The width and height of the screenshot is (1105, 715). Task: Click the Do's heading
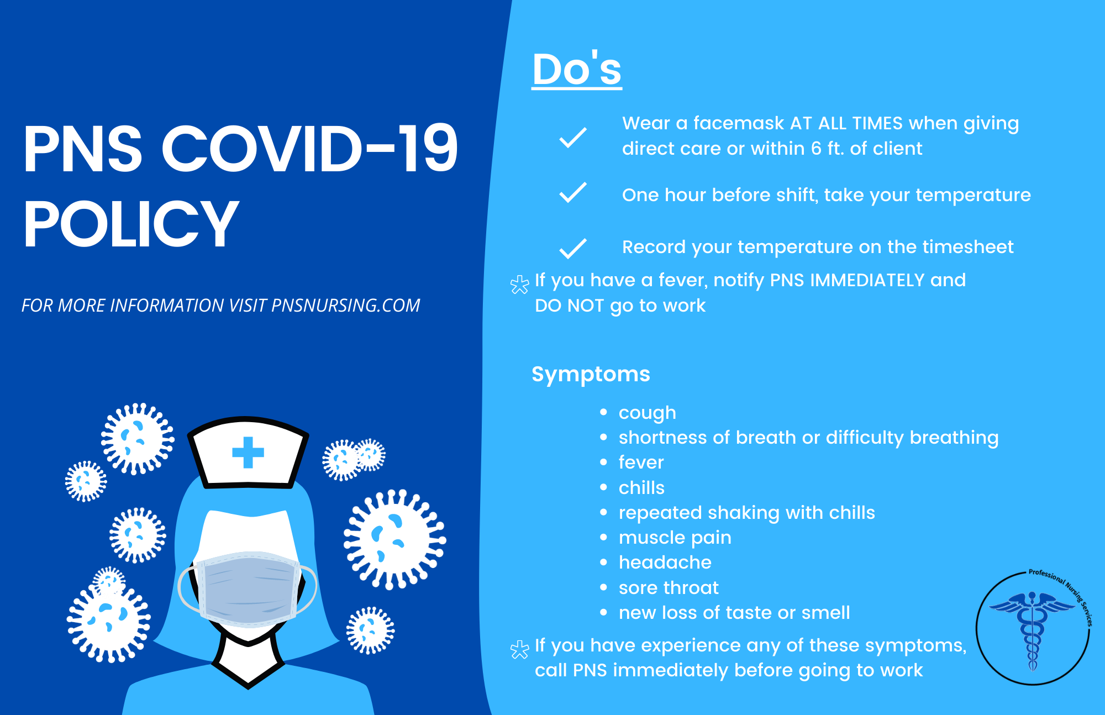tap(577, 70)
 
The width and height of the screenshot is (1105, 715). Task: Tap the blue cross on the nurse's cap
tap(248, 452)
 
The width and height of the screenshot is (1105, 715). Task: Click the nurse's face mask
tap(248, 588)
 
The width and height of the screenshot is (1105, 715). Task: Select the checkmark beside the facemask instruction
tap(572, 137)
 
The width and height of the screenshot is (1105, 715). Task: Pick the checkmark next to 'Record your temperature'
tap(572, 248)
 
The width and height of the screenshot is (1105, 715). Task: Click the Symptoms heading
tap(591, 374)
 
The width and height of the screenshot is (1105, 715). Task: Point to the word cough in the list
tap(647, 413)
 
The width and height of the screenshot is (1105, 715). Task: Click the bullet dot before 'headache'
tap(603, 562)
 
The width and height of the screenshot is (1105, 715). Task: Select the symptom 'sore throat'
tap(669, 587)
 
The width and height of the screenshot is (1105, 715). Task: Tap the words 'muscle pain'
tap(675, 537)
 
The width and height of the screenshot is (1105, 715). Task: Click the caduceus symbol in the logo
tap(1032, 630)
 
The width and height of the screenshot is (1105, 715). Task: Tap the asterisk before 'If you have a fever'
tap(519, 285)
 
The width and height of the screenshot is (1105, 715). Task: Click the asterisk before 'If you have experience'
tap(519, 650)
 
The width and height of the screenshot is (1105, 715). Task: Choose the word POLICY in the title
tap(131, 224)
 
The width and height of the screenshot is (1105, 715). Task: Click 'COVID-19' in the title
tap(309, 149)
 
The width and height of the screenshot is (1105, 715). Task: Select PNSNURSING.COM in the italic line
tap(346, 306)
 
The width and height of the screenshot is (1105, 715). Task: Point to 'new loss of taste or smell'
tap(734, 612)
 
